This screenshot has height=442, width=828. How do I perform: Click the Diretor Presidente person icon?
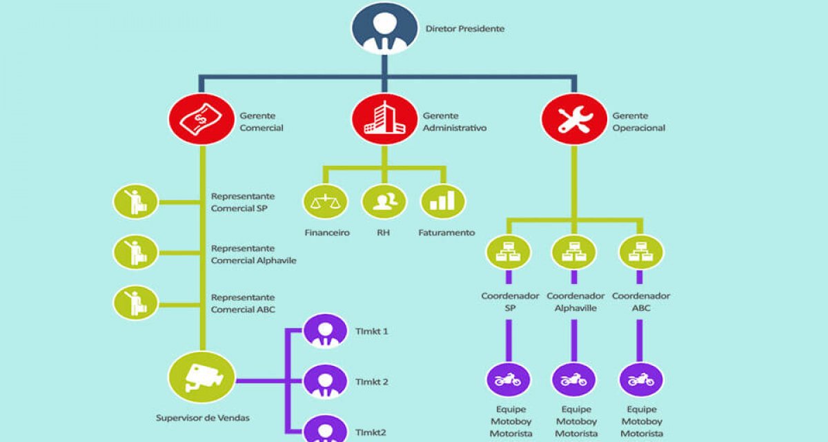point(384,28)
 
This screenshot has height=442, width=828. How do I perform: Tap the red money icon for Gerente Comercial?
point(201,119)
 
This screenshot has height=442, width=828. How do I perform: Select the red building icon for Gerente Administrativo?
point(384,119)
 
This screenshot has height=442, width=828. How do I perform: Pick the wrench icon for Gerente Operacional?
point(574,119)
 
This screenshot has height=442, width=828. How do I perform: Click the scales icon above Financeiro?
point(325,202)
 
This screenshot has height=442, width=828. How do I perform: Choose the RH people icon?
point(384,202)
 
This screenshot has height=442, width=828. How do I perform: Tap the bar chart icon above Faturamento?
point(443,202)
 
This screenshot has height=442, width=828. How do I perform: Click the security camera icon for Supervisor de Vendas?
point(201,377)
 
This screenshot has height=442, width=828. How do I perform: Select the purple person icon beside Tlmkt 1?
point(325,331)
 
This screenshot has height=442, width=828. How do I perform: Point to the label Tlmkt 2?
point(371,382)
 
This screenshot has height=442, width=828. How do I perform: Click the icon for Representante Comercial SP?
point(135,202)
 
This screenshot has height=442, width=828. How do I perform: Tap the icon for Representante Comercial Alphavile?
point(135,252)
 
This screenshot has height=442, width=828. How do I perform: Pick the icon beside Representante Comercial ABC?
point(135,303)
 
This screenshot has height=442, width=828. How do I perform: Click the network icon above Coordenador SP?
point(509,252)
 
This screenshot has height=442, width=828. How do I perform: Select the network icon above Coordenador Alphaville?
point(574,252)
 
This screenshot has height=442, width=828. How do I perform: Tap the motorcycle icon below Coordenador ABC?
point(641,380)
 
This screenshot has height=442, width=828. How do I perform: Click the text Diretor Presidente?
point(464,28)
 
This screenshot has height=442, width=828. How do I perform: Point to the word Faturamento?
point(446,233)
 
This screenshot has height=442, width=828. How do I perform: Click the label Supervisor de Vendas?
point(203,418)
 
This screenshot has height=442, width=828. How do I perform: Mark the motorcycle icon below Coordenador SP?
point(509,380)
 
